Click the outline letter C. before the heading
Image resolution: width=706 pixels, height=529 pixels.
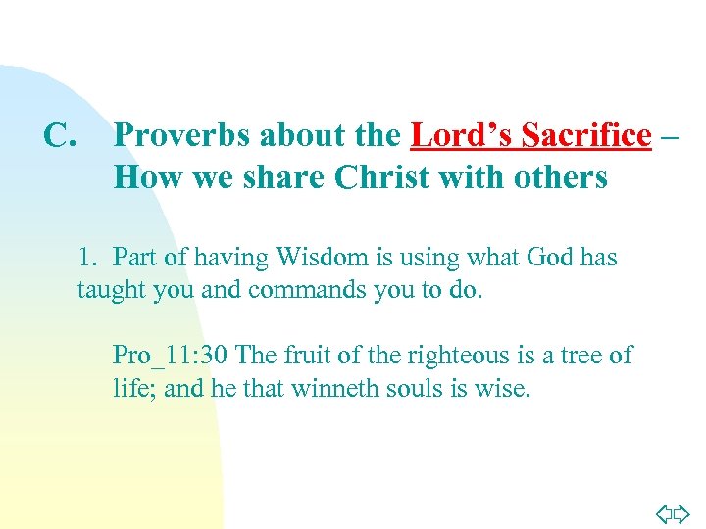[x=60, y=135]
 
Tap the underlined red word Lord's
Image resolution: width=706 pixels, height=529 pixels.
[x=462, y=135]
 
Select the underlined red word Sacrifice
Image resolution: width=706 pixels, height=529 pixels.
[x=586, y=135]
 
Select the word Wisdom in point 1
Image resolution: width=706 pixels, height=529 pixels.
[x=323, y=257]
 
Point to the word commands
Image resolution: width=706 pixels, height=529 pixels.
[x=301, y=290]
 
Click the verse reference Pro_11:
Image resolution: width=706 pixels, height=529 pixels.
[x=156, y=355]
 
